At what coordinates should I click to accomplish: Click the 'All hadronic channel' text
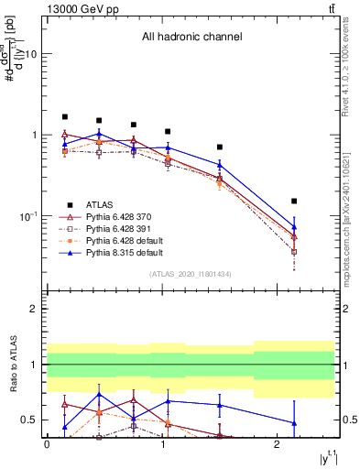point(191,38)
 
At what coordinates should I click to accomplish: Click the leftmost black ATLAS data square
point(64,117)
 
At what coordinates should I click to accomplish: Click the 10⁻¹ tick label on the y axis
point(27,216)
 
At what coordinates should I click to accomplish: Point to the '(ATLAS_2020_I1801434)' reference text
point(192,274)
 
